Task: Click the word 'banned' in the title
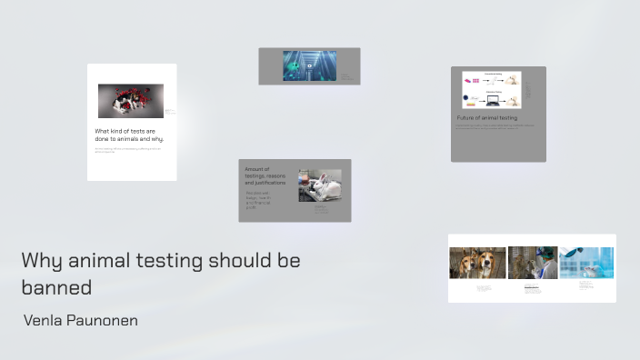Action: (x=56, y=287)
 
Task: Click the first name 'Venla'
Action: (x=42, y=321)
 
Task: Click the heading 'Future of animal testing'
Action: (x=486, y=118)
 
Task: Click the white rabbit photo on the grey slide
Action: (x=319, y=185)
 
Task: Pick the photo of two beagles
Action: (x=477, y=263)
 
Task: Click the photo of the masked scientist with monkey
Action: (x=532, y=263)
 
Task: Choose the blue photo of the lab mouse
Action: (x=586, y=263)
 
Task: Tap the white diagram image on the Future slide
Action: (x=490, y=91)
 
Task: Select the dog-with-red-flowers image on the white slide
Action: (x=130, y=101)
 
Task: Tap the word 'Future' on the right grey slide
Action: (x=467, y=118)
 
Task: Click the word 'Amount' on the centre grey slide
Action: (x=257, y=168)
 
